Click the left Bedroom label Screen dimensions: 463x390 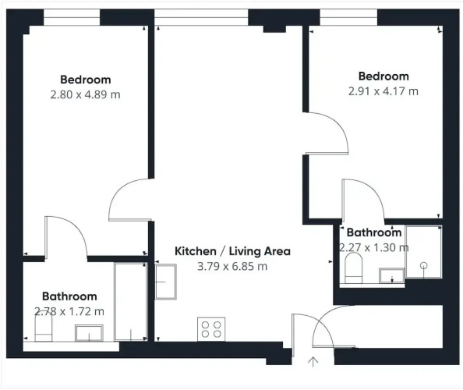click(86, 80)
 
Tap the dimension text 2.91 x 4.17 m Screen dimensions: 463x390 click(383, 91)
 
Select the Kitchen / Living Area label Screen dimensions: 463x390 click(233, 251)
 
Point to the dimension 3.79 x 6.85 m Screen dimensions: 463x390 click(232, 266)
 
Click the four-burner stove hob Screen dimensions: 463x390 click(211, 329)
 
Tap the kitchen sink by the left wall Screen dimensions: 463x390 click(166, 282)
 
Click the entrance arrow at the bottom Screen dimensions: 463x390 click(313, 362)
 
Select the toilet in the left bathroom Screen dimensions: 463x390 click(44, 328)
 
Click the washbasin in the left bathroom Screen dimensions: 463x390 click(89, 333)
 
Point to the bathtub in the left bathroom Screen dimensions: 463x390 click(131, 301)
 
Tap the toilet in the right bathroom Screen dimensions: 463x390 click(353, 268)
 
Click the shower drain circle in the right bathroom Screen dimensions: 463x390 click(424, 265)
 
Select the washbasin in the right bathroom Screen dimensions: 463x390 click(392, 275)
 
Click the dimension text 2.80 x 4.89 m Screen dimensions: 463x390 click(85, 95)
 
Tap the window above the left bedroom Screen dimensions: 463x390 click(72, 17)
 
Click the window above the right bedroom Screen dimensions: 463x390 click(348, 17)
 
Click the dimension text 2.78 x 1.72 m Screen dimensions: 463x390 click(69, 311)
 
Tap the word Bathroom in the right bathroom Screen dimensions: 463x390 click(374, 232)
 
